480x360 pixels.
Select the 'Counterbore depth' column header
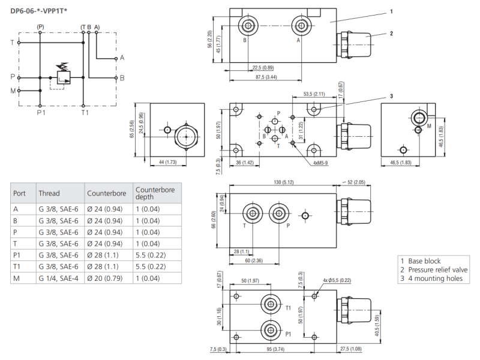[x=154, y=193]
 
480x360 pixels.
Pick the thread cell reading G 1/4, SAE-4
[x=58, y=278]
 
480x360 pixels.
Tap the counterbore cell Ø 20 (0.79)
[x=106, y=278]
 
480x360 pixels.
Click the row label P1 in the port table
[x=17, y=255]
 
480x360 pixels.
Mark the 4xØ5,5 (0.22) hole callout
[x=337, y=280]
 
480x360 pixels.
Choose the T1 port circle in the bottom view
[x=271, y=304]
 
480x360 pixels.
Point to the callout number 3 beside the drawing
[x=391, y=95]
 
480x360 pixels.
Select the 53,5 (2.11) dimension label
[x=314, y=94]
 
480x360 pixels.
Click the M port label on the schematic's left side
[x=13, y=91]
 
